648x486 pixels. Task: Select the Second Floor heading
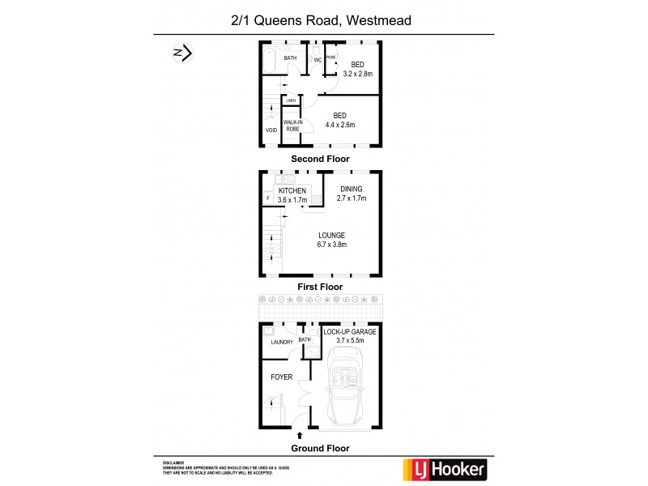point(322,160)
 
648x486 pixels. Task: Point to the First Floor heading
point(322,287)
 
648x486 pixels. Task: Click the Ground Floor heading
point(322,446)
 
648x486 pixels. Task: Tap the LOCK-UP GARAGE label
point(351,332)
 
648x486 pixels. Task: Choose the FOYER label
point(280,377)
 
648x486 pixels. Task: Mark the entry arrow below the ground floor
point(301,436)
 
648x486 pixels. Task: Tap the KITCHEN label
point(292,191)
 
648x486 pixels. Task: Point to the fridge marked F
point(267,198)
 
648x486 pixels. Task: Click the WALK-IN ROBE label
point(292,126)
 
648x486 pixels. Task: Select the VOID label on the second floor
point(271,130)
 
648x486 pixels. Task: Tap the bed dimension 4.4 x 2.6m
point(340,125)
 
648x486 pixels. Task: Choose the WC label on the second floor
point(318,60)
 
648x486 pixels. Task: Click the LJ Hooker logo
point(445,469)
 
